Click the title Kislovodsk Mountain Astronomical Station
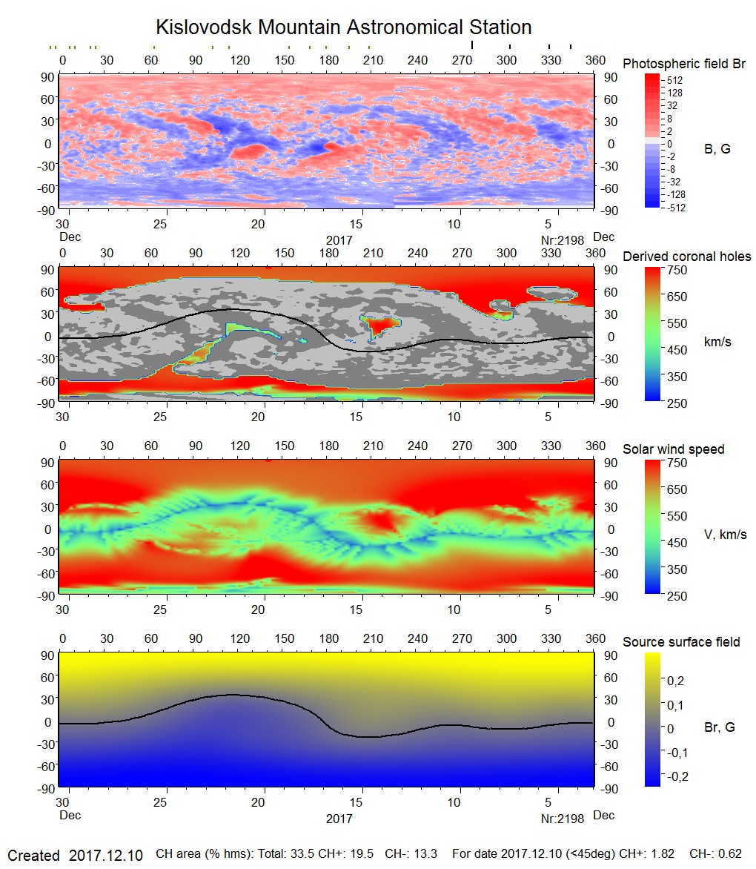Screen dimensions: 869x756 [x=343, y=27]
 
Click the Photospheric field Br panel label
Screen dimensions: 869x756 [x=683, y=64]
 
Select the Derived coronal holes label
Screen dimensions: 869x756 [x=686, y=257]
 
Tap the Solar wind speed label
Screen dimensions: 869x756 [x=673, y=449]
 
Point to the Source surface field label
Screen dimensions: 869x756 [x=681, y=642]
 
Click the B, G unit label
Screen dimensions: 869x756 [x=717, y=149]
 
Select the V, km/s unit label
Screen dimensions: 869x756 [x=725, y=535]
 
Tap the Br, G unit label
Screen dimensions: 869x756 [x=719, y=727]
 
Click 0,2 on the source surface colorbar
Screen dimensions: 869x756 [x=676, y=681]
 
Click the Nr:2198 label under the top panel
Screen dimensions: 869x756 [x=563, y=240]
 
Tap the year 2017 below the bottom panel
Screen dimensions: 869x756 [x=339, y=819]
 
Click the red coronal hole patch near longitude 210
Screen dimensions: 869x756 [x=380, y=325]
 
